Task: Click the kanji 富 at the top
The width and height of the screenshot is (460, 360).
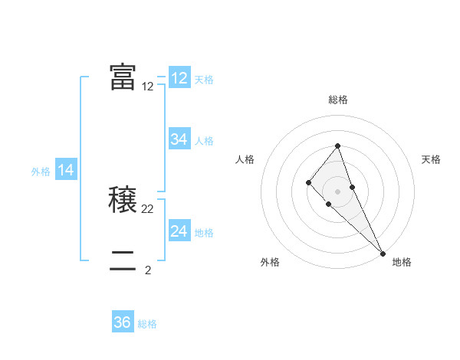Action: [123, 77]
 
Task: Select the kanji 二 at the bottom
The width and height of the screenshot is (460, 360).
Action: [123, 261]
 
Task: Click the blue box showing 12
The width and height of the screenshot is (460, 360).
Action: [179, 78]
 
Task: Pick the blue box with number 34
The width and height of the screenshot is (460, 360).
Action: [179, 139]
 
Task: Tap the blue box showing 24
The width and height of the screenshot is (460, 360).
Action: [179, 231]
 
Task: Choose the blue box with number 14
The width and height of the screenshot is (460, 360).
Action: [66, 171]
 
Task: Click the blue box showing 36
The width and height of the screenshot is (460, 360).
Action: [123, 322]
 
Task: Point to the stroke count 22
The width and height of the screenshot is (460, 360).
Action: [148, 208]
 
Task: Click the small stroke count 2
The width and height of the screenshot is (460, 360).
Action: [148, 270]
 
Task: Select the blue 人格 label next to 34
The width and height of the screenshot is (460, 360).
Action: [204, 141]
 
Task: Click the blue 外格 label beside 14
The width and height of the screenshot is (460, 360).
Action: [41, 172]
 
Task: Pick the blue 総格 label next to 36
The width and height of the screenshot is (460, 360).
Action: [147, 324]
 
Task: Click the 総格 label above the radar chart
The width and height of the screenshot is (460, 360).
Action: [338, 100]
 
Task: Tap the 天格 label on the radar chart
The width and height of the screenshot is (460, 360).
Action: [432, 159]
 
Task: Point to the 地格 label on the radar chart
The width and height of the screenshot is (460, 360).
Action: [402, 262]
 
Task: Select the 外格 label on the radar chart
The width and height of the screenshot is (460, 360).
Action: [270, 262]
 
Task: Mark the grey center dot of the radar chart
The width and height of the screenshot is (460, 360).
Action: [337, 191]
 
